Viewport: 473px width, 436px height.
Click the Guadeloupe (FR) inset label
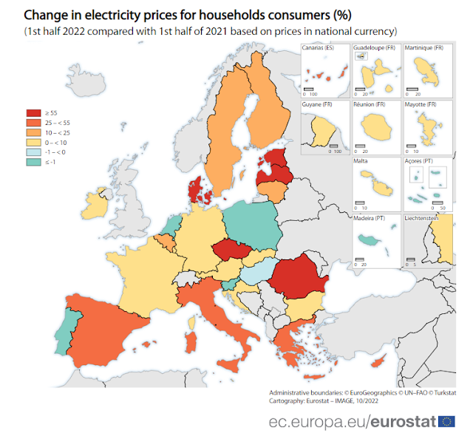coord(374,48)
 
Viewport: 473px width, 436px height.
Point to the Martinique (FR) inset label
coord(424,48)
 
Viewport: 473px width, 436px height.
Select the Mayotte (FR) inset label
coord(421,105)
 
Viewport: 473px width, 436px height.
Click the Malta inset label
coord(362,160)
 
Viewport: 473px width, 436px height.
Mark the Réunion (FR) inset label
coord(370,105)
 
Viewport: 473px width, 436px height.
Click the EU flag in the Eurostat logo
coord(447,421)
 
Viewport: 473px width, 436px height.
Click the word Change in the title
coord(45,15)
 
